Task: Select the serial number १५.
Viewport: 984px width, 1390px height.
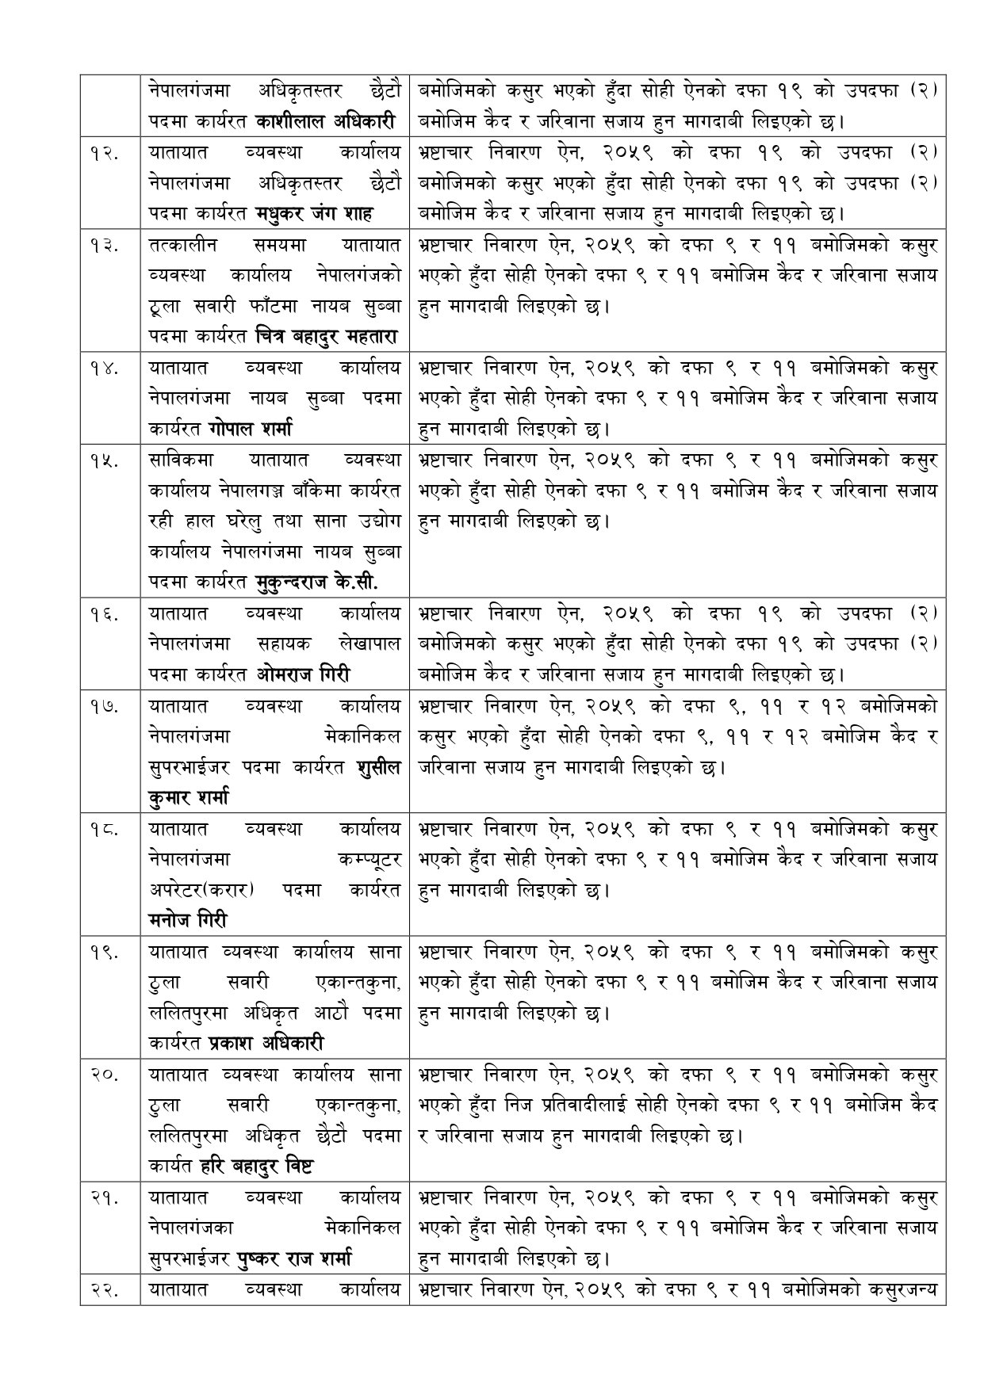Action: (104, 460)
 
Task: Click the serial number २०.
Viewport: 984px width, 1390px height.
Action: (104, 1075)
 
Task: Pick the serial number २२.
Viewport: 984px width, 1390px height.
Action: (104, 1290)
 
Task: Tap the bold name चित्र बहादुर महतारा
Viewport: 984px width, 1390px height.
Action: (327, 338)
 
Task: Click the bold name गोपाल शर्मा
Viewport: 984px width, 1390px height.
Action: (251, 430)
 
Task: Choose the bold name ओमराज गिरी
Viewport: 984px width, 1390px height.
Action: (304, 675)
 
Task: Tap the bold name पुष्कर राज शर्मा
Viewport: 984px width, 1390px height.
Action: (294, 1258)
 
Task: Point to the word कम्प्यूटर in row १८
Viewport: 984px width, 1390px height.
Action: (368, 859)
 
